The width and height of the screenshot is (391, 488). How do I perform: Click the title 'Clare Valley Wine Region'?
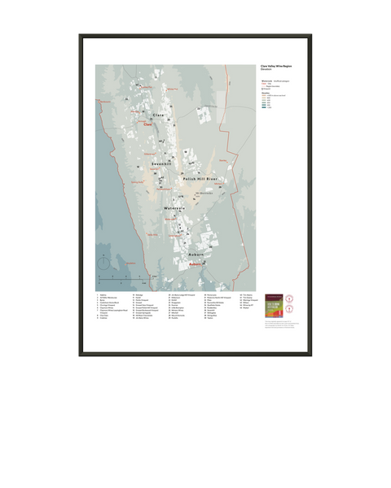[277, 66]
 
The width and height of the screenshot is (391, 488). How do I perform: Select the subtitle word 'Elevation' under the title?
[266, 70]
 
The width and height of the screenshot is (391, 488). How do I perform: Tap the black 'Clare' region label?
[158, 116]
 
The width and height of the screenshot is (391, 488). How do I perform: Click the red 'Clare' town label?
[147, 125]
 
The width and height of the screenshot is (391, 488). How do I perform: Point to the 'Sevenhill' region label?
[162, 163]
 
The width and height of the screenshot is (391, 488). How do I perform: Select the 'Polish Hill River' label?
[200, 178]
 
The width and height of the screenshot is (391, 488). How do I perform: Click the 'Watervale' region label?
[175, 208]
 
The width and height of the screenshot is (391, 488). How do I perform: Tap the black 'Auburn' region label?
[195, 255]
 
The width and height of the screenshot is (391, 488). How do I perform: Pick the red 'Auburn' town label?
[194, 264]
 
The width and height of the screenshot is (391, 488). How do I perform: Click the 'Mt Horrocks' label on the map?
[211, 194]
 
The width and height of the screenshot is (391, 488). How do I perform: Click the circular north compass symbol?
[103, 263]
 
